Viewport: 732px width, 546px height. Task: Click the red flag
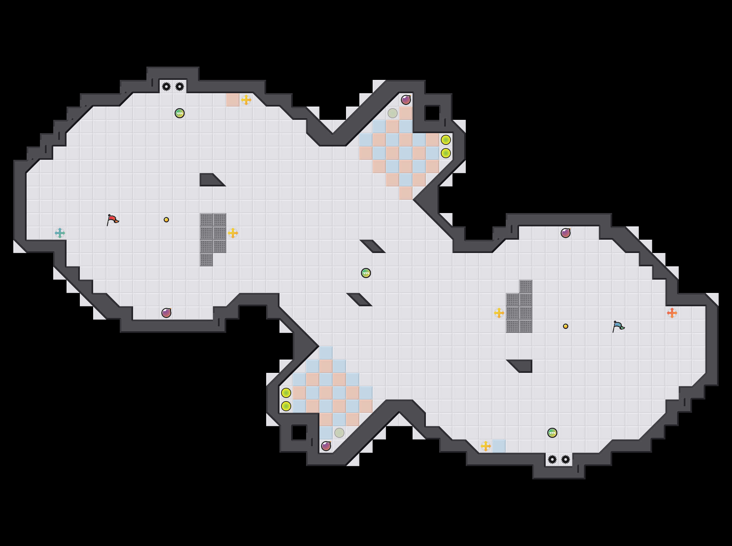tap(112, 220)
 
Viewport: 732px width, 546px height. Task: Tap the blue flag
tap(618, 326)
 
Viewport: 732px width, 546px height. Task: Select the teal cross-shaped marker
tap(60, 233)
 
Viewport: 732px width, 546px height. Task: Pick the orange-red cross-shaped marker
tap(672, 313)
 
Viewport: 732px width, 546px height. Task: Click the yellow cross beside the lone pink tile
tap(246, 100)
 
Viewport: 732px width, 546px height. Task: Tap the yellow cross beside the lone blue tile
tap(486, 446)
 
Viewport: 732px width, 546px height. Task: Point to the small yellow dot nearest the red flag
tap(166, 220)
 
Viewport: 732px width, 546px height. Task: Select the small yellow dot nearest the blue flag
tap(566, 326)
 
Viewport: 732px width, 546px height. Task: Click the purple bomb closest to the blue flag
tap(566, 233)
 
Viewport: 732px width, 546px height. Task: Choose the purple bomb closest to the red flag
tap(166, 313)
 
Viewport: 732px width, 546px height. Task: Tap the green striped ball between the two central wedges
tap(366, 273)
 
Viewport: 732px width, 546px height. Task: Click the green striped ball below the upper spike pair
tap(180, 113)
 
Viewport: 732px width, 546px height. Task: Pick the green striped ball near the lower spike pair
tap(552, 433)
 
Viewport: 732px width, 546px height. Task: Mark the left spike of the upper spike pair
tap(166, 87)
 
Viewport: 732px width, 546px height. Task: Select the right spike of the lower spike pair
tap(566, 459)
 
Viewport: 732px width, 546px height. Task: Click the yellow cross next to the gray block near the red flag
tap(233, 233)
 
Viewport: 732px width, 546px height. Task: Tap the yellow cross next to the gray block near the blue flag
tap(499, 313)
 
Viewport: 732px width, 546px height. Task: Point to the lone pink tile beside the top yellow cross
tap(233, 100)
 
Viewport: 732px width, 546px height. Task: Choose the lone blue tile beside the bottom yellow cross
tap(499, 446)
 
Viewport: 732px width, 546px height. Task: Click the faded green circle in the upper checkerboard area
tap(393, 113)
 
